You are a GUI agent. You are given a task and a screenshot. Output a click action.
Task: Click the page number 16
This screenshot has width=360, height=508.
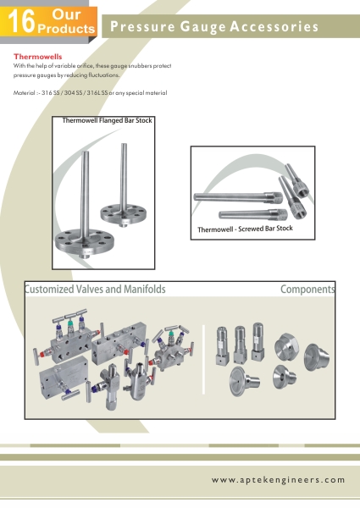21,22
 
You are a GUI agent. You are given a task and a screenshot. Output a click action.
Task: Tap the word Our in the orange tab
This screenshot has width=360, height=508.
66,14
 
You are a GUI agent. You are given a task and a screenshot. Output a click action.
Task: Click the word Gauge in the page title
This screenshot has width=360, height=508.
202,27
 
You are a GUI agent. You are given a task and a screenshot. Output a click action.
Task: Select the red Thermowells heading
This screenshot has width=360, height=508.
37,57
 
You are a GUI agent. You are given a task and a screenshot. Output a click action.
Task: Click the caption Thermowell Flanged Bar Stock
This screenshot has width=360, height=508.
107,120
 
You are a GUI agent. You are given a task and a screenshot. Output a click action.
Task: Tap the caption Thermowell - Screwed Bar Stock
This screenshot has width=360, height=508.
245,229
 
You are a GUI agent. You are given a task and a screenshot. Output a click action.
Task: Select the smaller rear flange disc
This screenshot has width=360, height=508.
123,213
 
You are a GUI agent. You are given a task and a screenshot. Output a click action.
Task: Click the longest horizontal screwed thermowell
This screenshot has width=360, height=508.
238,197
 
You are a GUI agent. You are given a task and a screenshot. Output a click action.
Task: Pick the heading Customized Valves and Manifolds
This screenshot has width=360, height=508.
95,289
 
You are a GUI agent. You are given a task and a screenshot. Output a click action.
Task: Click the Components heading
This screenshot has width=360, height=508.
307,290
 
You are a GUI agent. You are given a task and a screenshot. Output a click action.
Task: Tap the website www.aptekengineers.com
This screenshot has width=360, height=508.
279,480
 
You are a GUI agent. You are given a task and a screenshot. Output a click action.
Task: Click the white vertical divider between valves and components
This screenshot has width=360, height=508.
203,359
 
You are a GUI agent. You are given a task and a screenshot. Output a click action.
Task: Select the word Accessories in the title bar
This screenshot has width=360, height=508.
274,26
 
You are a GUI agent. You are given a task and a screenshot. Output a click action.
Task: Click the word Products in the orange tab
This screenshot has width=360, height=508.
66,29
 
